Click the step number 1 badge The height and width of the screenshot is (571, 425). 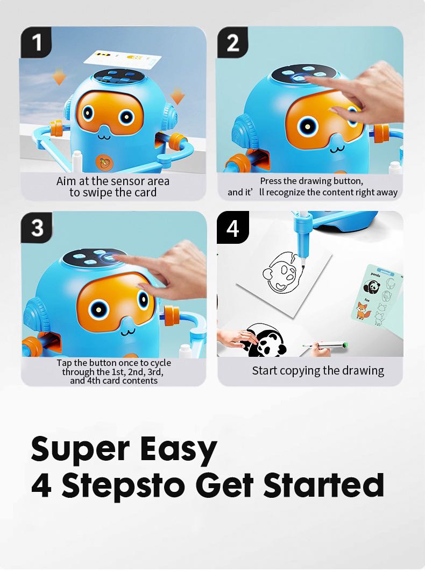coord(36,42)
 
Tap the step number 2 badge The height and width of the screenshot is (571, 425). coord(232,42)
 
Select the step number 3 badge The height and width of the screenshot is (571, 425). coord(37,228)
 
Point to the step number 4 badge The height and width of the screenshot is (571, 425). coord(233,228)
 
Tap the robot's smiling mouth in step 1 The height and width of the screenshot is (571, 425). coord(104,137)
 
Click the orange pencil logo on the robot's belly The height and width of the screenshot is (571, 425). coord(103,162)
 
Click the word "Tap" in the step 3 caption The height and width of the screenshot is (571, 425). coord(64,363)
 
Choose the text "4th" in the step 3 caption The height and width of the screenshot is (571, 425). coord(94,380)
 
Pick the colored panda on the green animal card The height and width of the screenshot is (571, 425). coord(372,287)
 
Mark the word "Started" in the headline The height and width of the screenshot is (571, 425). coord(323,485)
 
